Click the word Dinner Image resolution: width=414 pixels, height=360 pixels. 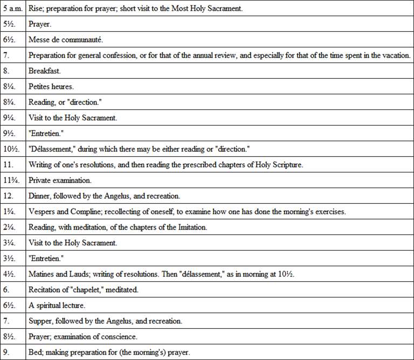point(39,196)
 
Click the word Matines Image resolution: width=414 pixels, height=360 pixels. point(42,274)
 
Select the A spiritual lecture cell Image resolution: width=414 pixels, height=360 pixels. point(57,306)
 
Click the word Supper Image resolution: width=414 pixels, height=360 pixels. point(40,321)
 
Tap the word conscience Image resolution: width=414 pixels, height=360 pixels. point(120,337)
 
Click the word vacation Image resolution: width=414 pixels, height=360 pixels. point(396,55)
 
